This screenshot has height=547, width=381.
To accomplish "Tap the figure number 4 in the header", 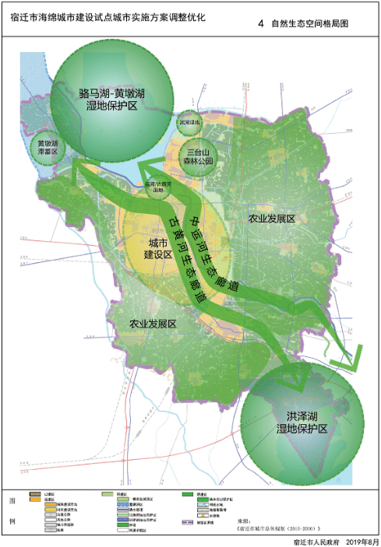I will (x=260, y=24).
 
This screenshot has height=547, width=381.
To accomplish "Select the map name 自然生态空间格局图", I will (x=309, y=24).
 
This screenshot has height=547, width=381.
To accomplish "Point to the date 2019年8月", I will (x=362, y=540).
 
